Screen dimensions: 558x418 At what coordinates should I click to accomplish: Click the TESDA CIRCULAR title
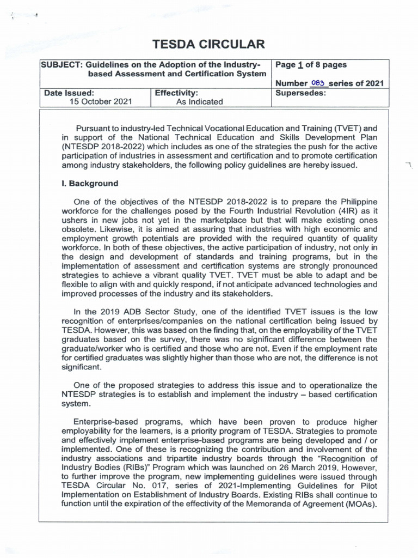pos(208,44)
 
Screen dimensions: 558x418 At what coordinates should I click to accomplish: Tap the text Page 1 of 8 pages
pos(311,65)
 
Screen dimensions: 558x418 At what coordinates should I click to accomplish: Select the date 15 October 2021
pos(100,101)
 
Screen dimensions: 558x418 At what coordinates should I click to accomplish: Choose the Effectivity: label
pos(176,93)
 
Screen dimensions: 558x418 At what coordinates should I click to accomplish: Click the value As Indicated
pos(199,101)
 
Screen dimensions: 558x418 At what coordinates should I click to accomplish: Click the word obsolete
pos(80,229)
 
